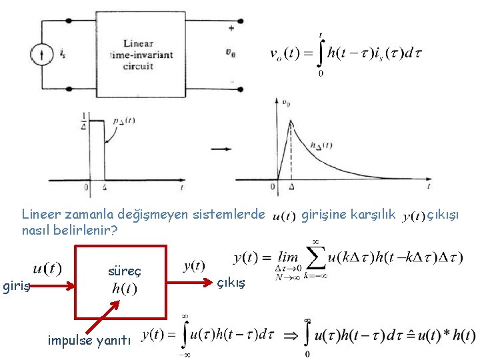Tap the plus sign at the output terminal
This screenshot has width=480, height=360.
click(x=231, y=28)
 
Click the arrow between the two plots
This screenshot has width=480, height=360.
click(x=218, y=147)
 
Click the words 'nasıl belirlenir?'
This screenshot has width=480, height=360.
click(x=69, y=231)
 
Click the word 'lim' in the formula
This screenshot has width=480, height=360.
click(x=288, y=257)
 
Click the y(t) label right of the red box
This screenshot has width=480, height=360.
click(x=194, y=266)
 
